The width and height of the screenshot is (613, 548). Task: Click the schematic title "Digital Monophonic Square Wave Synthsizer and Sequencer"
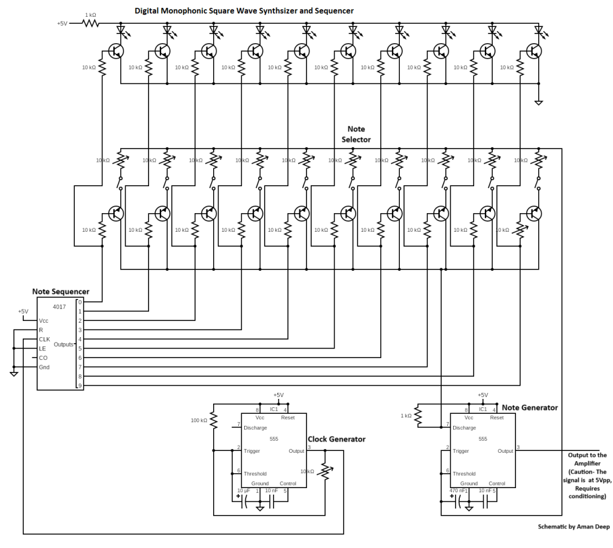click(x=244, y=11)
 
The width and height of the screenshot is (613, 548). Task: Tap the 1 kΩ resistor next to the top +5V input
click(x=90, y=23)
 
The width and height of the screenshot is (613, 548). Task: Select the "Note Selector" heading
click(x=356, y=134)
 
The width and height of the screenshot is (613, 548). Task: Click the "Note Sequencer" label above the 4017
click(x=60, y=292)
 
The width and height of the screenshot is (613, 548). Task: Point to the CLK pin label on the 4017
click(x=44, y=339)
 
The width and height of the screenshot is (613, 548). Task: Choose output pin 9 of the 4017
click(x=80, y=385)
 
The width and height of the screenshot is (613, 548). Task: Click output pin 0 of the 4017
click(x=80, y=302)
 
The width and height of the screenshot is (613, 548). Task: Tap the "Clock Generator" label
click(x=336, y=439)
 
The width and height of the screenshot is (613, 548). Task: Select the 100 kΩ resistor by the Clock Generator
click(x=213, y=420)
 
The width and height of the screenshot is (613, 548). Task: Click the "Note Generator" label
click(x=530, y=407)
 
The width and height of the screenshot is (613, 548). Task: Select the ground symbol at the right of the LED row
click(x=539, y=102)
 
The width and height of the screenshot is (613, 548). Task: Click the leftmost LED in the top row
click(x=121, y=29)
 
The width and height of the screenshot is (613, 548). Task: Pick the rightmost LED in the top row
click(x=538, y=29)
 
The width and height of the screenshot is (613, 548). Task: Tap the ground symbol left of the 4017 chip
click(x=13, y=374)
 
